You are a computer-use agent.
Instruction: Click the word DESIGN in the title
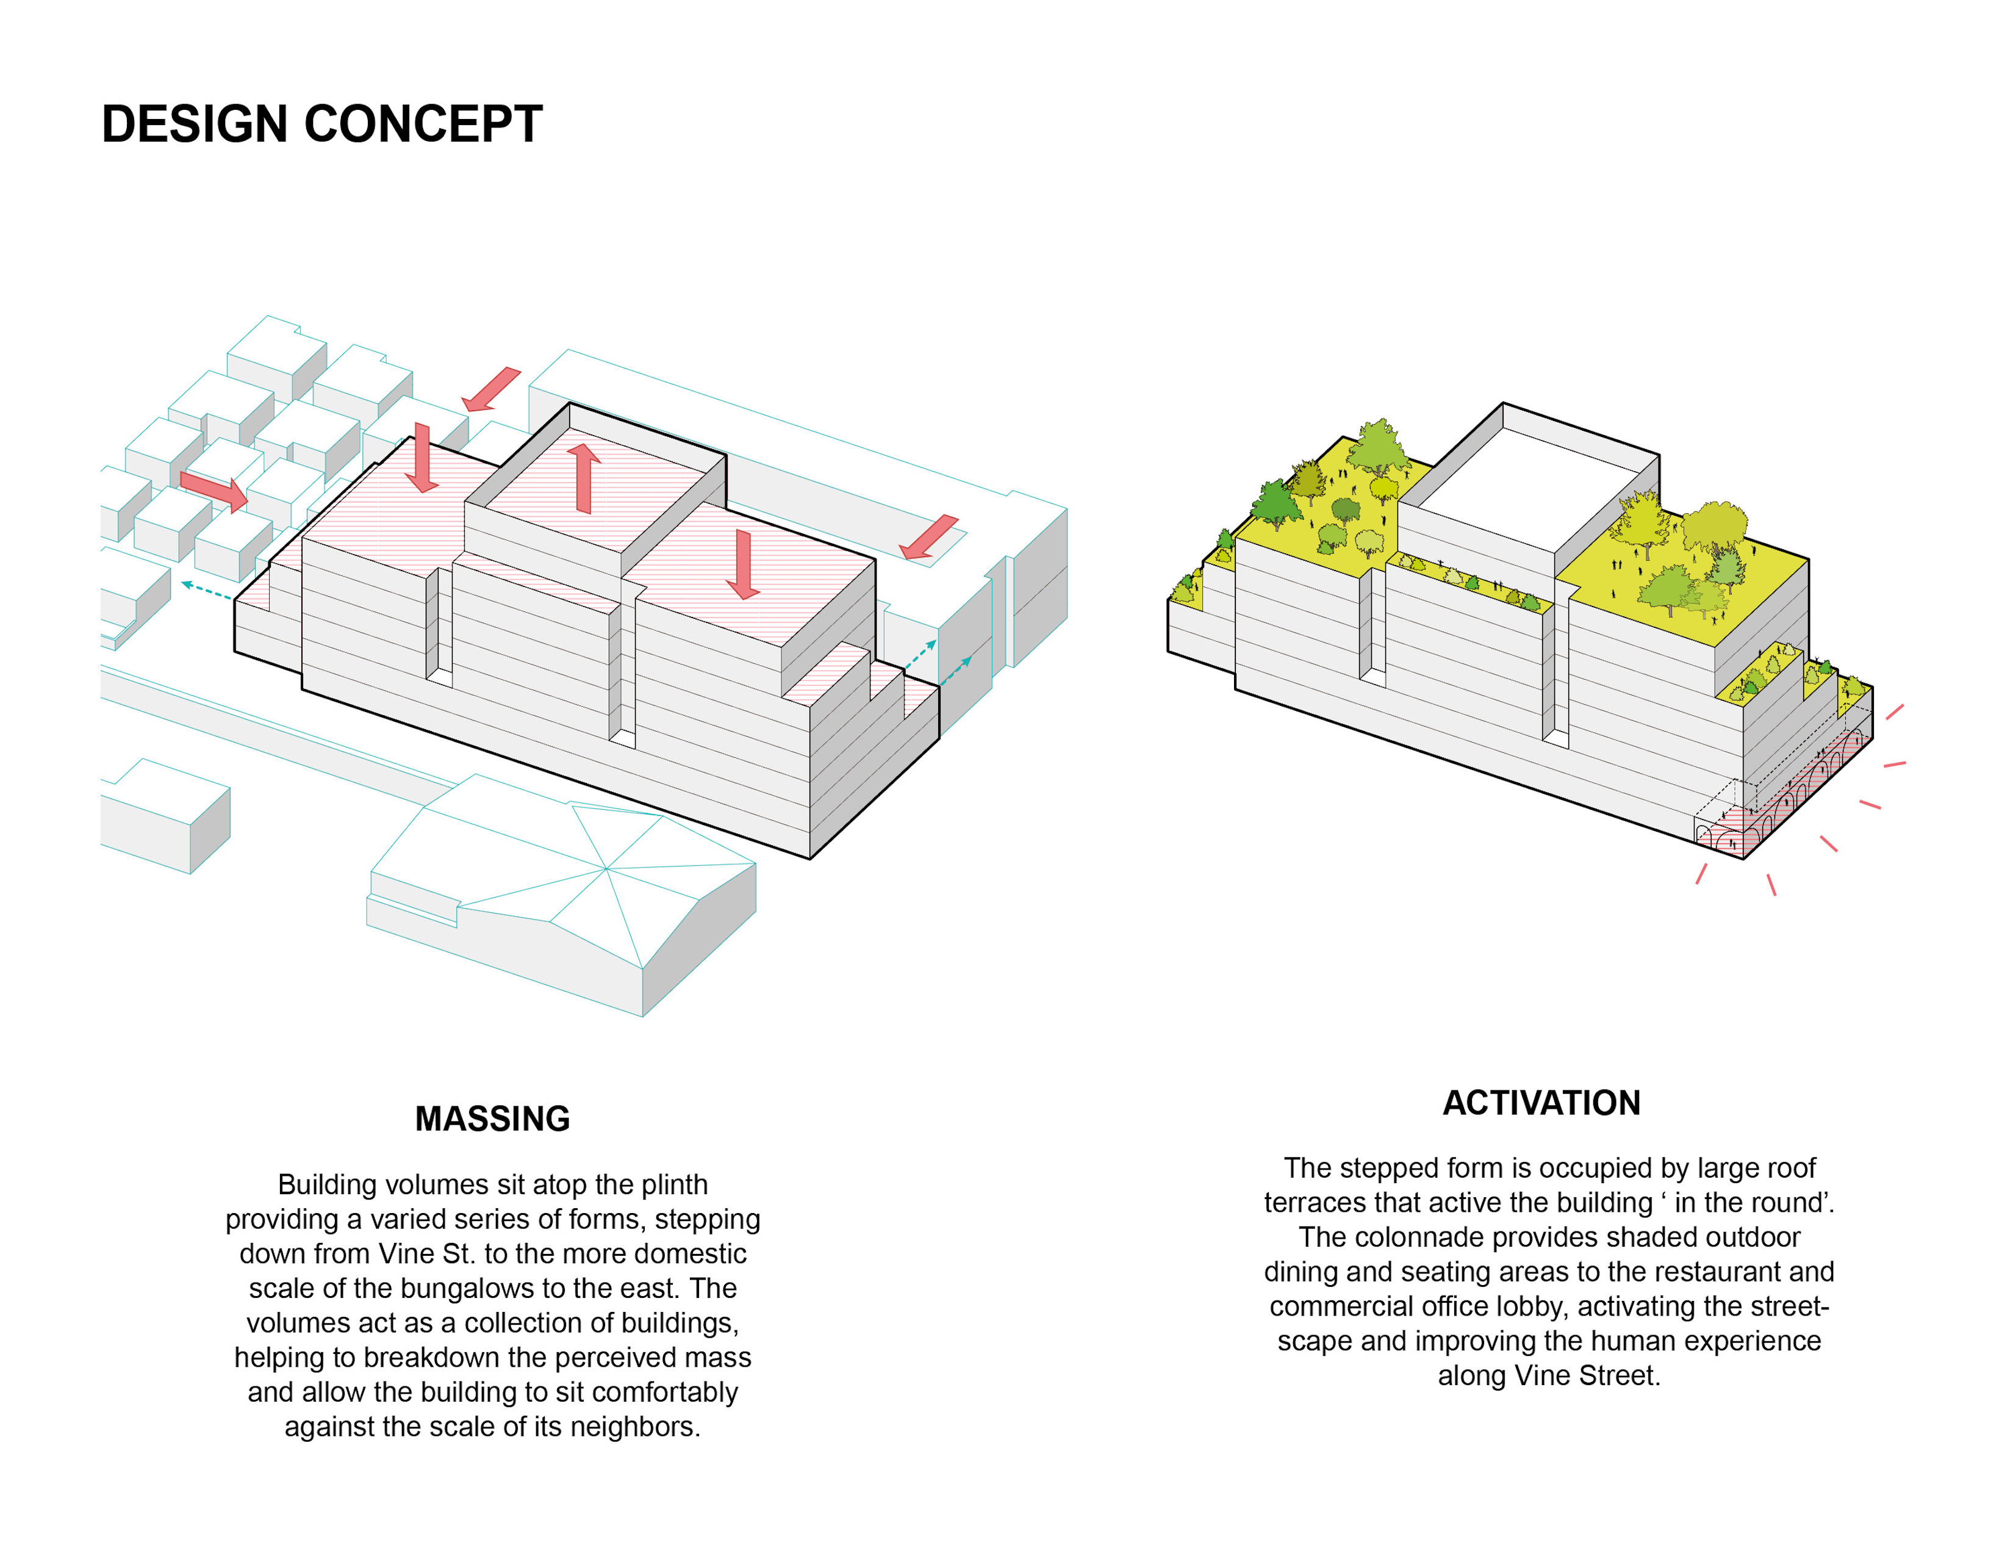click(195, 124)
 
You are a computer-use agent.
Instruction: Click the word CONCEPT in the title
click(423, 124)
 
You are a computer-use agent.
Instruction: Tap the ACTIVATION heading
click(1541, 1103)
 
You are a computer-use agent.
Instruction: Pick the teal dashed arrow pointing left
click(206, 590)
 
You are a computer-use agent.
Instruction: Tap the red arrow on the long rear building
click(929, 538)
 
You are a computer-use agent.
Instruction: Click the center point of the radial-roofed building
click(606, 868)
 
